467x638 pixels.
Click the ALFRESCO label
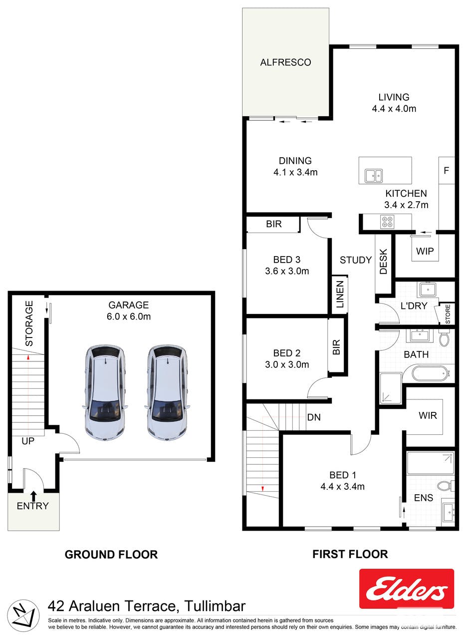tap(285, 62)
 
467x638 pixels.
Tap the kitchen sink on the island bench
tap(374, 176)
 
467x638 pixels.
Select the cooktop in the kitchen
tap(387, 222)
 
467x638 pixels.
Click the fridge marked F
tap(447, 170)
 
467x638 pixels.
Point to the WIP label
tap(425, 251)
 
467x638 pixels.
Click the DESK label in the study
tap(383, 262)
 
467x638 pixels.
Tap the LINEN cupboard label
tap(340, 295)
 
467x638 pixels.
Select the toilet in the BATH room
tap(444, 338)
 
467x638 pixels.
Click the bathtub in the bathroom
tap(431, 373)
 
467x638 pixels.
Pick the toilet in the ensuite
tap(446, 486)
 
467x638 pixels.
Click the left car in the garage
tap(105, 393)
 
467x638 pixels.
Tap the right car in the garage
tap(167, 393)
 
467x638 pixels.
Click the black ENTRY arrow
tap(33, 496)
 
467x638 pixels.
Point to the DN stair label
tap(314, 417)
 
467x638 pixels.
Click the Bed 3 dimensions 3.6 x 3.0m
tap(287, 271)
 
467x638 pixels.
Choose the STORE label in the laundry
tap(448, 314)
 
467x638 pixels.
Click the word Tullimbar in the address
tap(215, 606)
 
